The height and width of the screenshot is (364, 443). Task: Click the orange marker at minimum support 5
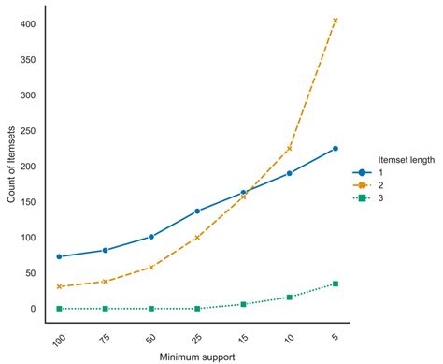tap(336, 21)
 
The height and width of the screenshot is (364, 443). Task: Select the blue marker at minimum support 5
tap(336, 149)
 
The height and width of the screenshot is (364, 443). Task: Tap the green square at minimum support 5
tap(336, 284)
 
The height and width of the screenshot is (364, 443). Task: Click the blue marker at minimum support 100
tap(60, 256)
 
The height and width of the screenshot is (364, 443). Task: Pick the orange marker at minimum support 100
tap(60, 286)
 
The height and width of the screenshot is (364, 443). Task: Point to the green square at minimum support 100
tap(60, 309)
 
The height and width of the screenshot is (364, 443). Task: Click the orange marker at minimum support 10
tap(290, 148)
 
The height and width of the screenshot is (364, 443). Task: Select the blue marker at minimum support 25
tap(197, 211)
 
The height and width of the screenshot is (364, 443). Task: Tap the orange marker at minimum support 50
tap(151, 268)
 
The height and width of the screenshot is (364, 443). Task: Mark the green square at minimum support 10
tap(290, 297)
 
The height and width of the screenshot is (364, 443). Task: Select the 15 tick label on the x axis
tap(243, 336)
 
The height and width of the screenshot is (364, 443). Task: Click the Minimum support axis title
tap(197, 357)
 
